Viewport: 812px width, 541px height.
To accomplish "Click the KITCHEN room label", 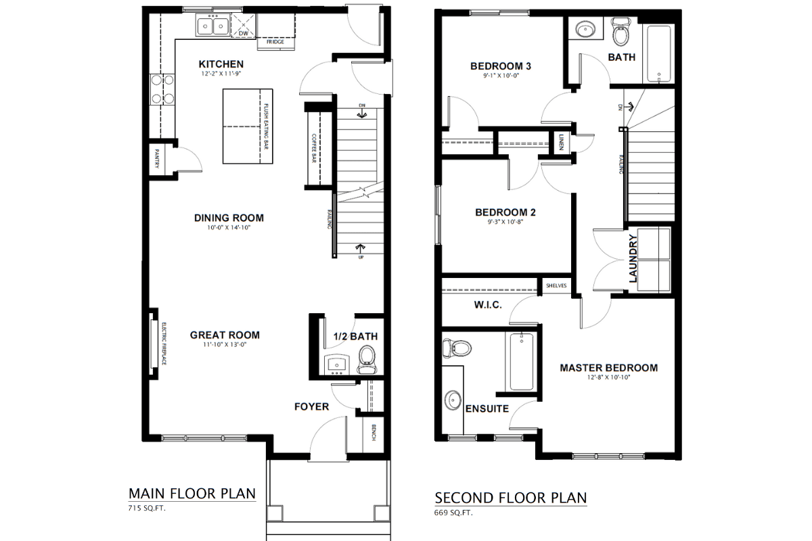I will (221, 64).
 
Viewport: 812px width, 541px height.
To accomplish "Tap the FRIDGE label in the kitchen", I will (275, 42).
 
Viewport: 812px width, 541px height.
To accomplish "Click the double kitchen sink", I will (212, 26).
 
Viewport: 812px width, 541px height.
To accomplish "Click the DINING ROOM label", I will (229, 218).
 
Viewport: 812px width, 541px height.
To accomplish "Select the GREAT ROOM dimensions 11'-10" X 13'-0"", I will (225, 345).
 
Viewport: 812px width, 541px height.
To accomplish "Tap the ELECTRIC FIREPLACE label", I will (164, 344).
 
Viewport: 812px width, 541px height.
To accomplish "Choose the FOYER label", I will (311, 406).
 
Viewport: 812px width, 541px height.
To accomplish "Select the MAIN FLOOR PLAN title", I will (192, 493).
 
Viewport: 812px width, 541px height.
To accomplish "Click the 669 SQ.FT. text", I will (453, 513).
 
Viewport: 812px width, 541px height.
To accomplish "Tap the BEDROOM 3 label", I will (501, 66).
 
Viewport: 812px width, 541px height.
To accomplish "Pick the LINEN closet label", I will (562, 143).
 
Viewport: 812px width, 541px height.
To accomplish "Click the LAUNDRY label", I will (633, 258).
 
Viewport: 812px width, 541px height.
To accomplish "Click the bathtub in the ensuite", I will (522, 362).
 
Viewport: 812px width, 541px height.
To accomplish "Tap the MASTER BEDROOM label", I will (608, 368).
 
